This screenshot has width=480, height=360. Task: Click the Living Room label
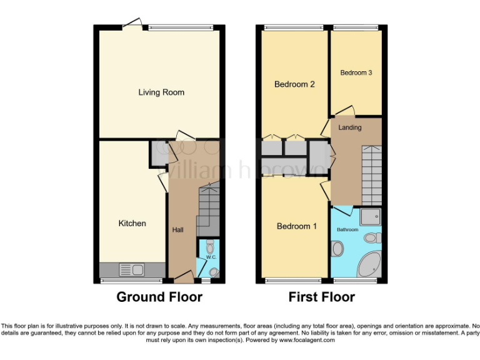pos(161,92)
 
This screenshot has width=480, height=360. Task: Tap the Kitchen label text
pos(132,223)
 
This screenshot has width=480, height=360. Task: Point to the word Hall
pos(177,230)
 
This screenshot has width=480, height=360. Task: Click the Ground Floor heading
pos(159,297)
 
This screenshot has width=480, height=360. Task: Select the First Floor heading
pos(321,297)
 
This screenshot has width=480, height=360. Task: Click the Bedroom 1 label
pos(297,226)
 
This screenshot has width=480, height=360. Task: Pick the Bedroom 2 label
pos(294,84)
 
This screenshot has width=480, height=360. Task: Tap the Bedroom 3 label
pos(356,72)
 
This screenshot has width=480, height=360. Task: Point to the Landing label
pos(349,127)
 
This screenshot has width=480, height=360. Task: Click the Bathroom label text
pos(347,230)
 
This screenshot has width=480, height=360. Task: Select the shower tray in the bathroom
pos(371,216)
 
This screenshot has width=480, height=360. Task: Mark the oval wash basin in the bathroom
pos(338,249)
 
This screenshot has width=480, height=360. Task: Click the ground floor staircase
pos(208,206)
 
